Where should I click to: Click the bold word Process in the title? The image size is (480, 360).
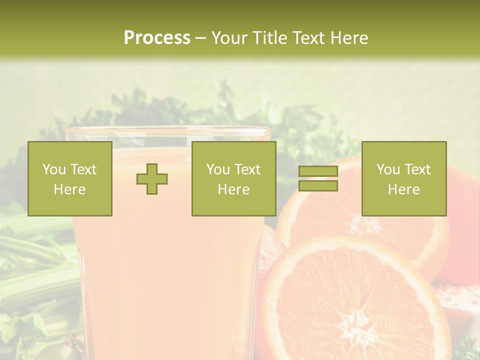(157, 38)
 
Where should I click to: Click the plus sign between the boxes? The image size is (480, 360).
(152, 179)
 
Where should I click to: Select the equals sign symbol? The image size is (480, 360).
(318, 178)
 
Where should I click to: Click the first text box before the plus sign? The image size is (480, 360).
(70, 178)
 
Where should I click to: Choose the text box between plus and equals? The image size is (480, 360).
(233, 178)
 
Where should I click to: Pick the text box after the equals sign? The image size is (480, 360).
(403, 178)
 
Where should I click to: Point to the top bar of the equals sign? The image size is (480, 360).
(318, 171)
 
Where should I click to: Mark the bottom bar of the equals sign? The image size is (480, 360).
(318, 186)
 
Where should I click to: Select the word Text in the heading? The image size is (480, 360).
(309, 38)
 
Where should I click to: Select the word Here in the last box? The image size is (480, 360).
(403, 189)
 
